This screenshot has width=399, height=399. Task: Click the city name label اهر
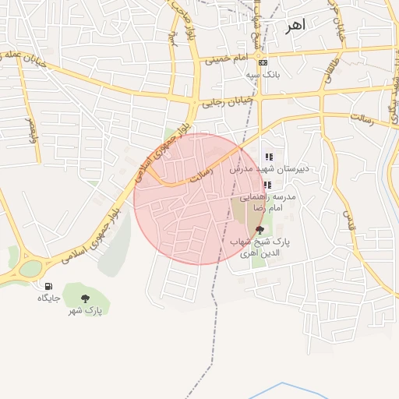[x=295, y=26]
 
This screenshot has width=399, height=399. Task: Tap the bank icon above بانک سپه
[x=263, y=63]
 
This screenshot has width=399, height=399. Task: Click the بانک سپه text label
[x=263, y=75]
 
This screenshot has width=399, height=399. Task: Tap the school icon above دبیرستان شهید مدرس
[x=269, y=157]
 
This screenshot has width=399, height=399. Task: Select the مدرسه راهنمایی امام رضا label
[x=268, y=203]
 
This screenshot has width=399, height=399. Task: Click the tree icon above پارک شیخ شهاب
[x=260, y=230]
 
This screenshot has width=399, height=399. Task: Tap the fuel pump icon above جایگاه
[x=49, y=286]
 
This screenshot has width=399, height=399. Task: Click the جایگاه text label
[x=49, y=298]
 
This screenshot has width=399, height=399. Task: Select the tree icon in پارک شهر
[x=85, y=298]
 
